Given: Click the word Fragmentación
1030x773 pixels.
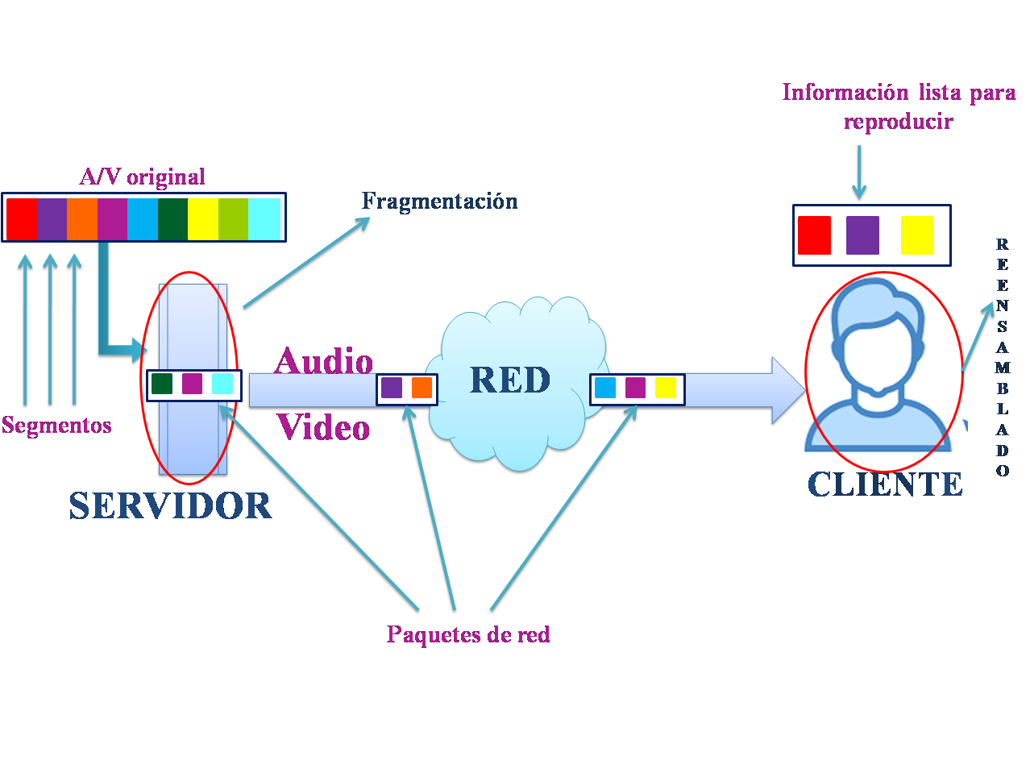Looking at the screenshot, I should point(439,201).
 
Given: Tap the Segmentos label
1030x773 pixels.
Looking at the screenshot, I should point(56,425).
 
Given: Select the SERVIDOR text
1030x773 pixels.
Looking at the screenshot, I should point(170,506).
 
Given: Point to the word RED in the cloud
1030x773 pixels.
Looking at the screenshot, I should point(510,380).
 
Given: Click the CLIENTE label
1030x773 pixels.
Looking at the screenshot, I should point(885,484).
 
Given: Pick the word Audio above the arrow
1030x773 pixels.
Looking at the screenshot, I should point(324,362).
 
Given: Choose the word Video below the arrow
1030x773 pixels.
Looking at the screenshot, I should point(324,427).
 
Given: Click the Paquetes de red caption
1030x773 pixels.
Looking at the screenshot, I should point(468,634).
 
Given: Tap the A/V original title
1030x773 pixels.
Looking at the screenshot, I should point(143,177).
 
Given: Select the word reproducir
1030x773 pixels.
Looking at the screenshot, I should point(898,122).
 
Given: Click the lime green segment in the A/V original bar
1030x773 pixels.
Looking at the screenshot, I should point(233,218).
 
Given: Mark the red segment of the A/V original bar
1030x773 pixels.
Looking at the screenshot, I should point(22,218).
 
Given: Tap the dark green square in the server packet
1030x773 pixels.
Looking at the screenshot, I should point(162,384).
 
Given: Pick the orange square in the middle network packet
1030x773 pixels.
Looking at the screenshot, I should point(422,388).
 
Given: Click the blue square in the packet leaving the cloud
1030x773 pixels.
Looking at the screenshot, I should point(604,388).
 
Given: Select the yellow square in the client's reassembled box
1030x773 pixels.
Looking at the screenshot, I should point(916,235).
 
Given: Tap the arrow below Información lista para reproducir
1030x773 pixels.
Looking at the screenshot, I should point(859,172).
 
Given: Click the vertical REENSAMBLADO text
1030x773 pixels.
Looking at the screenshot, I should point(1002,357).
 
